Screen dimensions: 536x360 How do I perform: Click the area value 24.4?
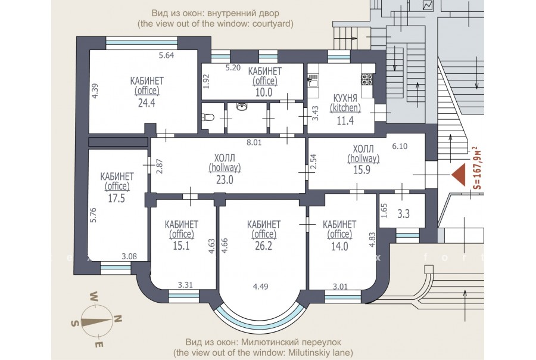click(x=147, y=103)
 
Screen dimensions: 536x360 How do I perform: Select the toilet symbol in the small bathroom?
click(x=208, y=117)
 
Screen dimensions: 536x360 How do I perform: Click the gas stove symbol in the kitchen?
click(x=367, y=79)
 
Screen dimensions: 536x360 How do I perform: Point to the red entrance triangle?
click(x=459, y=175)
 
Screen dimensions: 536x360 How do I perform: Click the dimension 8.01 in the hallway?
click(x=254, y=142)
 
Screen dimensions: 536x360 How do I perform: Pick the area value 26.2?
click(x=264, y=246)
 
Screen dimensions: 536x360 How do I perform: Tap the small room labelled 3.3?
click(x=403, y=214)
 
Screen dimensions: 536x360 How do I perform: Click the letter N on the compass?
click(x=117, y=319)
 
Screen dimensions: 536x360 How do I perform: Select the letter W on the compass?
click(x=94, y=296)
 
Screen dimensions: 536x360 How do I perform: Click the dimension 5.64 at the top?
click(x=167, y=55)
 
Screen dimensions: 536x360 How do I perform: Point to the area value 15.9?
click(x=362, y=170)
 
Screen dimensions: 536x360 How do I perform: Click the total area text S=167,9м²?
click(x=478, y=168)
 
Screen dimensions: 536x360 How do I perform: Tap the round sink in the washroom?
click(x=242, y=107)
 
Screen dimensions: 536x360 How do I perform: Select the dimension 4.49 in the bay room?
click(x=260, y=287)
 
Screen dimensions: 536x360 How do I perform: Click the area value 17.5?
click(x=117, y=198)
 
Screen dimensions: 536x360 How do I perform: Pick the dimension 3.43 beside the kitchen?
click(x=315, y=113)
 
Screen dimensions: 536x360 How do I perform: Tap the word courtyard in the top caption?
click(x=272, y=24)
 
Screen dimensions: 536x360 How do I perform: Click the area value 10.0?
click(x=264, y=92)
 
